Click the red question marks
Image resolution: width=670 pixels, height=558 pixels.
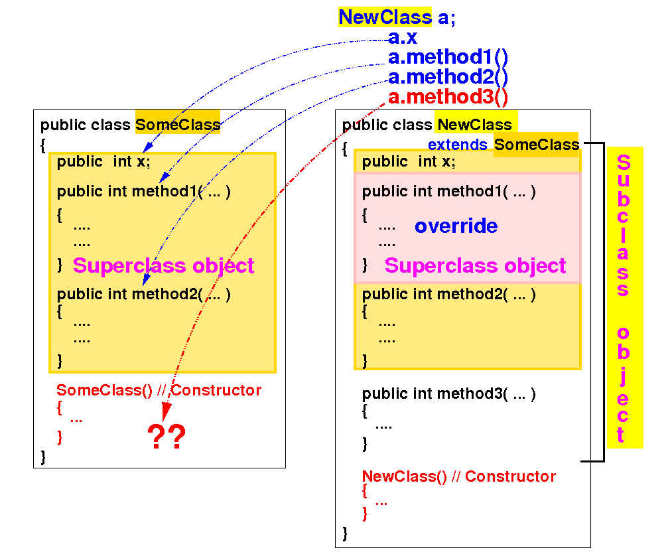[167, 437]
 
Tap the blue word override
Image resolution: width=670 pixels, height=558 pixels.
[456, 226]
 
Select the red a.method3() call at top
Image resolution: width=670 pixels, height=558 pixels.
[448, 98]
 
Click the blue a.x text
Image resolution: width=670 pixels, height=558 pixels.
[402, 38]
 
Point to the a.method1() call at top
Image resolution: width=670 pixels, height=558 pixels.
[448, 58]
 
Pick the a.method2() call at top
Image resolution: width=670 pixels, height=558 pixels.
[448, 78]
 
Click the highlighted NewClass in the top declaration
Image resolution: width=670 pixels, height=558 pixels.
[385, 17]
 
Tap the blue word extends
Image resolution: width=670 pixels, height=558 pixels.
[457, 145]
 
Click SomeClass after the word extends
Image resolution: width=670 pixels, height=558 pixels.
[536, 145]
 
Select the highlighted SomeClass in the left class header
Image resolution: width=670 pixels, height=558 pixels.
[177, 125]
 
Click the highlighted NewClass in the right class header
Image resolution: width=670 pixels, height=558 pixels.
[474, 125]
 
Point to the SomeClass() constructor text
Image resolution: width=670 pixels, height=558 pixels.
[159, 390]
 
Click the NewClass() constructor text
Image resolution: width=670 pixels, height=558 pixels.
[458, 476]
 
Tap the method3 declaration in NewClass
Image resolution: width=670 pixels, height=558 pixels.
[448, 393]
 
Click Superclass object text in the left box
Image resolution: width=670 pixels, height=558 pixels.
[163, 265]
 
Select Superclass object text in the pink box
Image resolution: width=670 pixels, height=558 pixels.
[475, 265]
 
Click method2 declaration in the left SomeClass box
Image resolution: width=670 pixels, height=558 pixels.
[143, 294]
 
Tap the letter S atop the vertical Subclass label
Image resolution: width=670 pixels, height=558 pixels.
[624, 163]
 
